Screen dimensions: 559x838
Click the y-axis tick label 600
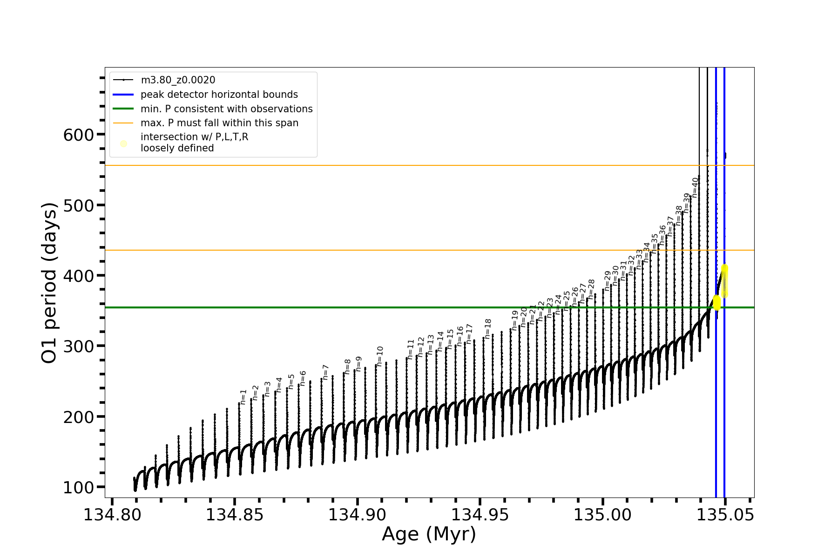tap(78, 135)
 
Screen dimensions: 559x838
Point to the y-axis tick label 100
tap(78, 488)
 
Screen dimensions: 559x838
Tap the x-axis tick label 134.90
tap(357, 515)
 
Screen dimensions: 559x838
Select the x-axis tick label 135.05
tap(725, 515)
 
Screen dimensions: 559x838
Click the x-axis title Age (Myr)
tap(429, 534)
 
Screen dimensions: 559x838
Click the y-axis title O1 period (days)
tap(49, 283)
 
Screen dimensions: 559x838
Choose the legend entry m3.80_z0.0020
tap(178, 80)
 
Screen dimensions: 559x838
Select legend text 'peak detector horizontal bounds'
tap(219, 95)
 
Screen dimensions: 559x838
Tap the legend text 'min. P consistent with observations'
tap(226, 109)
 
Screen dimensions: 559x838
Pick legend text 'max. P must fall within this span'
tap(219, 123)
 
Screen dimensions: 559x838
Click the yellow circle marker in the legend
tap(123, 143)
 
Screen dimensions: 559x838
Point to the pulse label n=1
tap(243, 397)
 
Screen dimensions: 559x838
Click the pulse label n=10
tap(380, 356)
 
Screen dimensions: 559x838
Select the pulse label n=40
tap(695, 187)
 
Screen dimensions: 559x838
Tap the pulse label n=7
tap(325, 372)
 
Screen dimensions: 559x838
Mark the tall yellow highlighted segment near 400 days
tap(724, 280)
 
